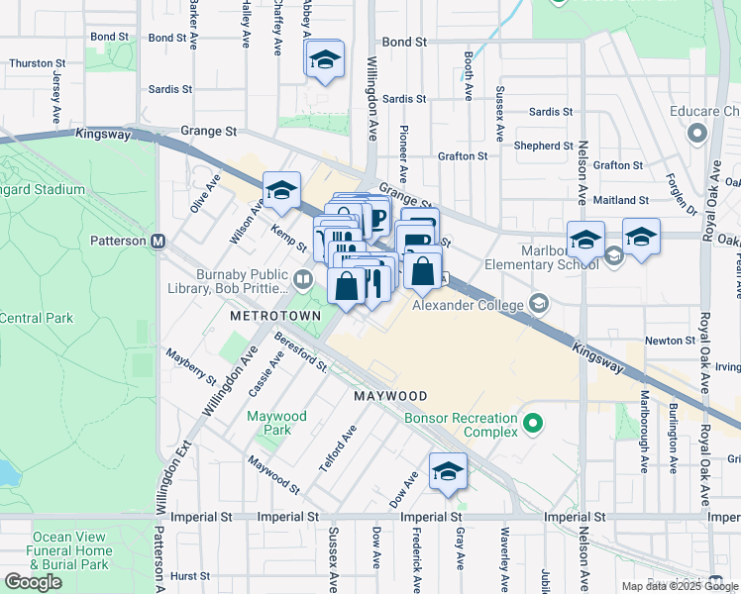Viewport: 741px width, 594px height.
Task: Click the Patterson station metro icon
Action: click(x=158, y=241)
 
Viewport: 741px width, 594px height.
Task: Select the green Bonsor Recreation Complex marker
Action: click(x=534, y=425)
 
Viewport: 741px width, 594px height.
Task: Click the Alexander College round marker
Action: click(x=540, y=302)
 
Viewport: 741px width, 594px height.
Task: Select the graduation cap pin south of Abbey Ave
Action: click(x=323, y=60)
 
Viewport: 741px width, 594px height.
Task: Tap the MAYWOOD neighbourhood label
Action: click(x=390, y=396)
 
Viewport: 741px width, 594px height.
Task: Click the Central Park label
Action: click(x=37, y=319)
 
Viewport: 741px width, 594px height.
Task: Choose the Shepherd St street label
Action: click(x=543, y=146)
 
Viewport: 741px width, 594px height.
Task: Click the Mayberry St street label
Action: click(x=191, y=364)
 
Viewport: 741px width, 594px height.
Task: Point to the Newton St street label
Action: click(x=669, y=340)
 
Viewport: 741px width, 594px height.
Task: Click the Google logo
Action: click(x=33, y=582)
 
